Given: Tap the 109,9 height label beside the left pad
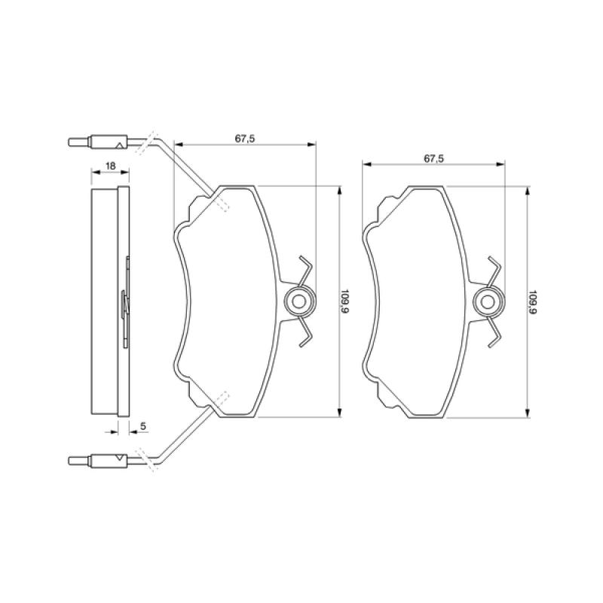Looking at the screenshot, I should coord(345,301).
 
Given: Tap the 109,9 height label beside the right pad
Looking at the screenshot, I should coord(534,301).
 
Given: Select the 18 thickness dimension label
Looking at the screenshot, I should coord(109,166).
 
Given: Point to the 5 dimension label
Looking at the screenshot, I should coord(143,427).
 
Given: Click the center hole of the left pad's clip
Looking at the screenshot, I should coord(298,301).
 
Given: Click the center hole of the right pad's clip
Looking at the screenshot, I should coord(487,301).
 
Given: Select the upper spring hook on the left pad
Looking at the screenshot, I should coord(304,267).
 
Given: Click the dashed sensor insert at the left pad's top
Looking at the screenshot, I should coord(222,206).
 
